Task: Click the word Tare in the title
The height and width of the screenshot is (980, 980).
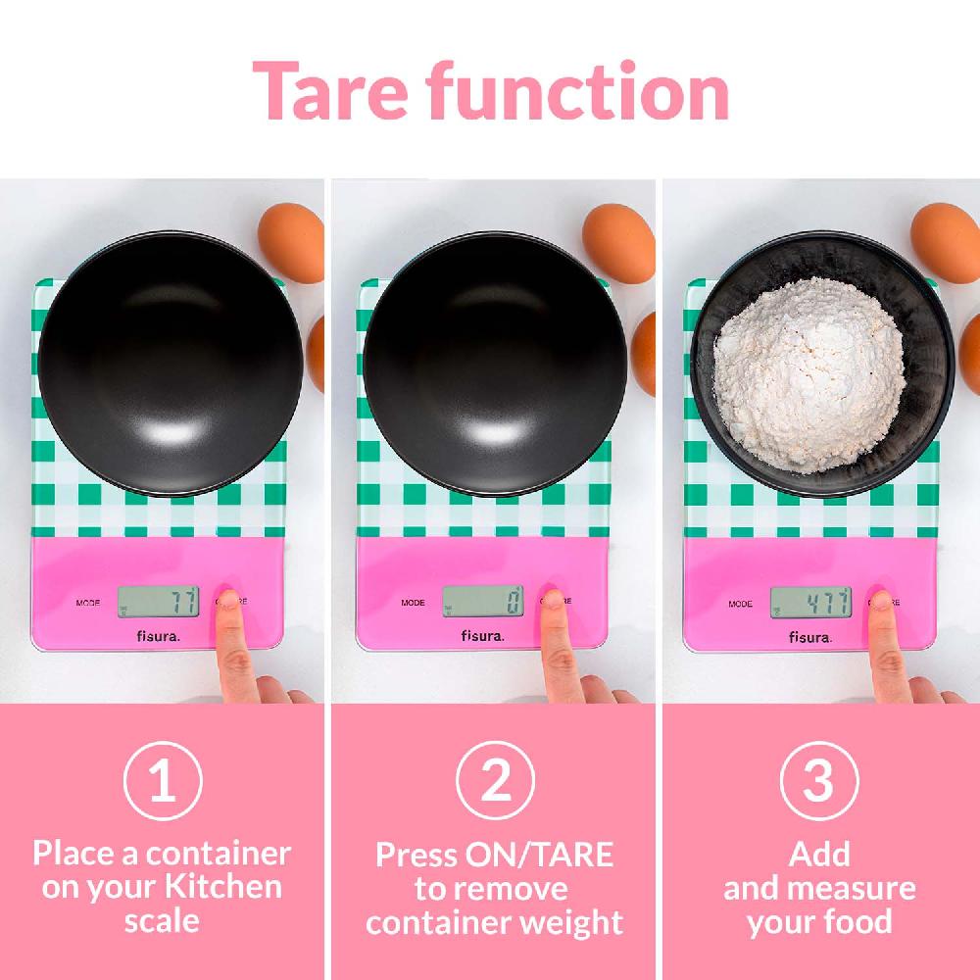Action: pos(330,91)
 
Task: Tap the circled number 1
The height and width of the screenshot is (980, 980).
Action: pos(163,781)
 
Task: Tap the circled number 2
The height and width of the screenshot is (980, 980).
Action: pos(495,781)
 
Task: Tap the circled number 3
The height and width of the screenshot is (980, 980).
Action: pos(819,781)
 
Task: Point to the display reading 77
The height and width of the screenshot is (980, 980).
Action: pos(158,602)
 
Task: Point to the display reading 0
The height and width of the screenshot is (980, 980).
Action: pos(483,602)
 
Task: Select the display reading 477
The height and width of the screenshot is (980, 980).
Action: pos(810,603)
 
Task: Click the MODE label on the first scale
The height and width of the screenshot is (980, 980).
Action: pos(88,603)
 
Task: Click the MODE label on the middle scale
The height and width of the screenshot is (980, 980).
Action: pos(414,603)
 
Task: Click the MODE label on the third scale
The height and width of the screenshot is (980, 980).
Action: pos(741,605)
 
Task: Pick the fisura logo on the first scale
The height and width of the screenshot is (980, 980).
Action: pos(158,636)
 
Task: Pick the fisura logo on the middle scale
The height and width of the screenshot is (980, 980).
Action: pos(482,636)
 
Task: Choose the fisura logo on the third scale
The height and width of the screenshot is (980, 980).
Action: pos(810,638)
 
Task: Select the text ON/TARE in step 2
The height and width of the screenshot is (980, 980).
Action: pos(539,855)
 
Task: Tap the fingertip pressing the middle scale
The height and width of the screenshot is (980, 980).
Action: pos(551,601)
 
